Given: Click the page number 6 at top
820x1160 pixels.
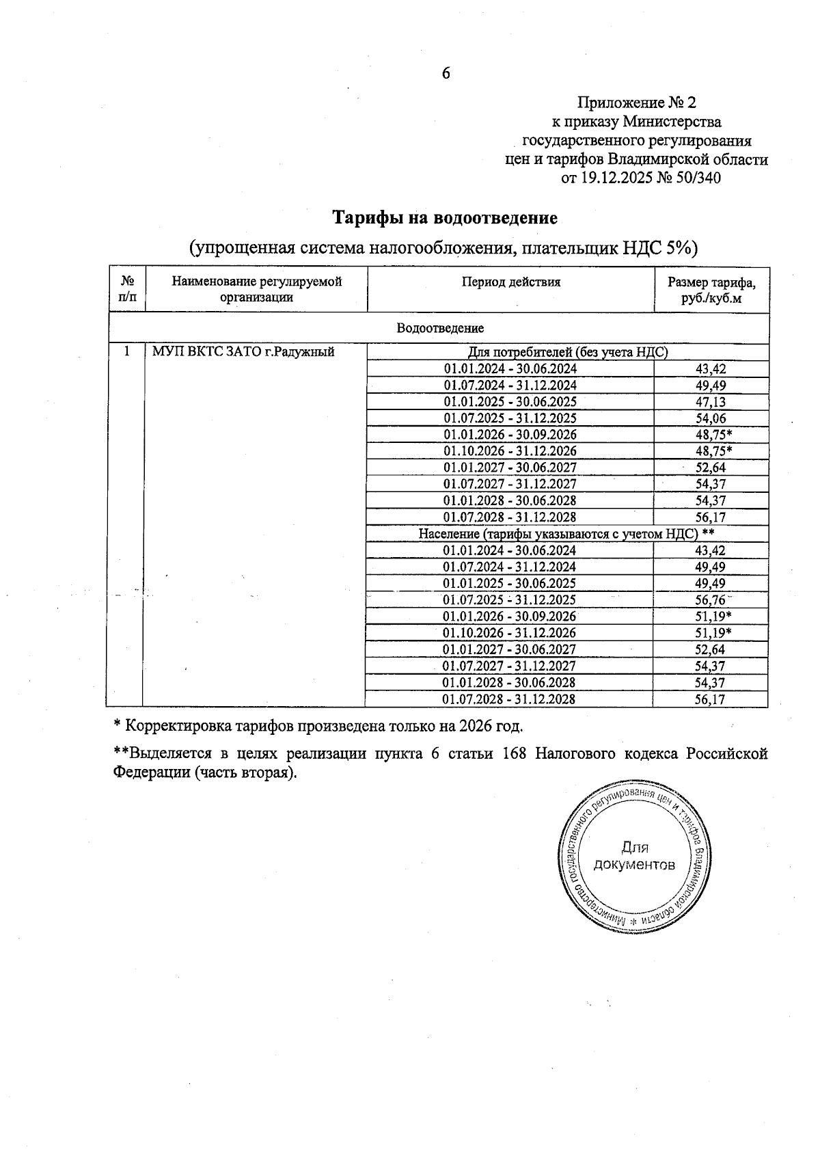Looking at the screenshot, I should pyautogui.click(x=446, y=73).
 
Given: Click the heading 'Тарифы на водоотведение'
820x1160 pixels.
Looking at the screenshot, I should pyautogui.click(x=445, y=218).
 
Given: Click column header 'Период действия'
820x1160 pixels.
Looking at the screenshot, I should pyautogui.click(x=510, y=282).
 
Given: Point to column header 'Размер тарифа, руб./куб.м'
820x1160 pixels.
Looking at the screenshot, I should pyautogui.click(x=711, y=290).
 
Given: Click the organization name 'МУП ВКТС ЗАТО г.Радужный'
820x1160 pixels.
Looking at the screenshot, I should pyautogui.click(x=243, y=352).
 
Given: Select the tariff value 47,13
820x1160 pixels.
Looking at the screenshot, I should pyautogui.click(x=710, y=402).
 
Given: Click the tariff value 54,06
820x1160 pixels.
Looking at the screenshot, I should pyautogui.click(x=710, y=418).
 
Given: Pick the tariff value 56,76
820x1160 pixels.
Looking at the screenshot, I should pyautogui.click(x=710, y=600).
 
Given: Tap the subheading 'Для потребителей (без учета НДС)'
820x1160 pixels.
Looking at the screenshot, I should pyautogui.click(x=567, y=352).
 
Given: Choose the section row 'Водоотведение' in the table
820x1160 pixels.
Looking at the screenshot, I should pyautogui.click(x=440, y=328).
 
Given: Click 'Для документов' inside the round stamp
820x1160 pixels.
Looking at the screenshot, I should pyautogui.click(x=634, y=856).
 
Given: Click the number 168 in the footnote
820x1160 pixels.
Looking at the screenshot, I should pyautogui.click(x=514, y=754).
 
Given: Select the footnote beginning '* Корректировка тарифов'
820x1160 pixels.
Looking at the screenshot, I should pyautogui.click(x=318, y=725).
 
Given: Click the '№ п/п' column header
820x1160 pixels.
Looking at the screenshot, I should pyautogui.click(x=127, y=289).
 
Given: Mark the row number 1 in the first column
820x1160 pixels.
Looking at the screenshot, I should pyautogui.click(x=126, y=352).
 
